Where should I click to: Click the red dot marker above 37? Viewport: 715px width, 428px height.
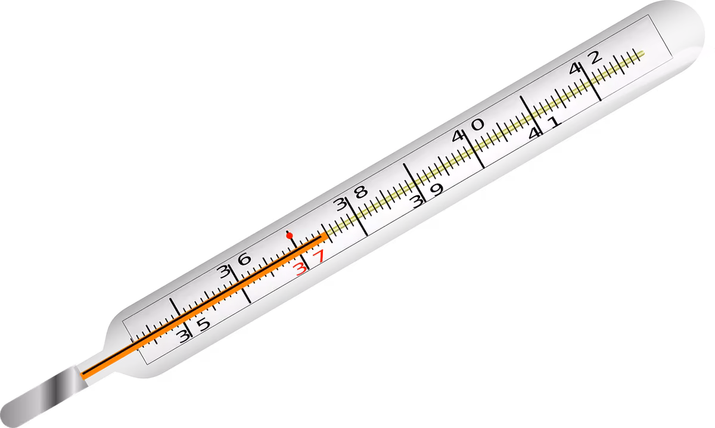click(290, 235)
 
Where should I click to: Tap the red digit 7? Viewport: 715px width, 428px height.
click(318, 256)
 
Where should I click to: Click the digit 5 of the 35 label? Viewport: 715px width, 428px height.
click(203, 324)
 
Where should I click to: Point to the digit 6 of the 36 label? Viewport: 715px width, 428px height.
click(245, 259)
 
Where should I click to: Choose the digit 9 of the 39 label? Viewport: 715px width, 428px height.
click(436, 190)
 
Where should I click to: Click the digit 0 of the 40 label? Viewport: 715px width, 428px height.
click(477, 124)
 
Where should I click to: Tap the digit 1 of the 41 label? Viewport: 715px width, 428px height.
click(554, 122)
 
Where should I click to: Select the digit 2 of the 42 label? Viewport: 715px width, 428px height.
click(595, 57)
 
